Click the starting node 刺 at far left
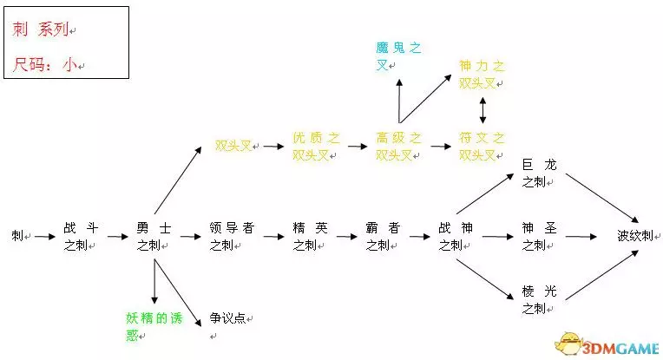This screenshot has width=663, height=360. [x=16, y=235]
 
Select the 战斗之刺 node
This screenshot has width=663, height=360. [x=81, y=236]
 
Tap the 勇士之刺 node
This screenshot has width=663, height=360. [x=153, y=236]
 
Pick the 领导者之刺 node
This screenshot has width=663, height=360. [x=230, y=236]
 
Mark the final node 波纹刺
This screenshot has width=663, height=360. [x=633, y=235]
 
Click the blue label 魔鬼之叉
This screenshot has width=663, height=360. [x=398, y=56]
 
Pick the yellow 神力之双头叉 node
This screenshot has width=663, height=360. [x=482, y=75]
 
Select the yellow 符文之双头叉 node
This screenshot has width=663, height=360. [x=482, y=147]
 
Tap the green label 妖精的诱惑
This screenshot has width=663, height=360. [x=153, y=326]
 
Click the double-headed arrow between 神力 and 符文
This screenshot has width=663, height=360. [x=482, y=110]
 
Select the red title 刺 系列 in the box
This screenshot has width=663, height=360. [x=41, y=29]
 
